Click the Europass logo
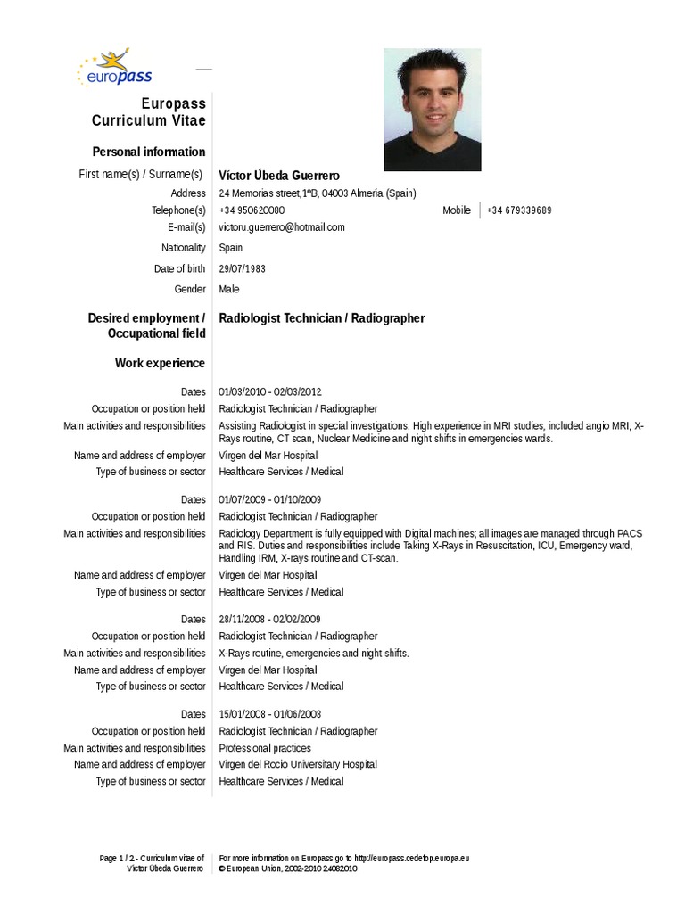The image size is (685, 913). point(116,70)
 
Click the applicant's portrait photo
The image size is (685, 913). point(432,109)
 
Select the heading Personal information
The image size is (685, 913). point(149,152)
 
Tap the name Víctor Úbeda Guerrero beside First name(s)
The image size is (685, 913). point(279,176)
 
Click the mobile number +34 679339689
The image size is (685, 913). point(519,210)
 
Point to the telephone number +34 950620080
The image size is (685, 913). point(252,210)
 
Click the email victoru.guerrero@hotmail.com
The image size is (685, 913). point(282,227)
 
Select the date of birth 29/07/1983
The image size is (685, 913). point(242,268)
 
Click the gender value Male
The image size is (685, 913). point(229,289)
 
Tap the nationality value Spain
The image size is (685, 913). point(230,248)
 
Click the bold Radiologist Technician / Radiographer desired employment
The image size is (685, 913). point(322,318)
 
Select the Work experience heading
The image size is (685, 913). point(160,363)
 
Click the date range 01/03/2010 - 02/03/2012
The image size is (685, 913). point(270,391)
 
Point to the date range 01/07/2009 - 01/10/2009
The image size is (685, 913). point(270,499)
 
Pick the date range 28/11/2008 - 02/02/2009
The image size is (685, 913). point(270,619)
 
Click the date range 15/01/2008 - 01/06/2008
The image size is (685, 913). point(270,714)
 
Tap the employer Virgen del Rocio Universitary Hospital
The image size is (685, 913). point(298,764)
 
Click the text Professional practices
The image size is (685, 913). point(265,748)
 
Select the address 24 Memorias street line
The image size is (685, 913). point(318,193)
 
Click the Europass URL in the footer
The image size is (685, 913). point(411,858)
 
